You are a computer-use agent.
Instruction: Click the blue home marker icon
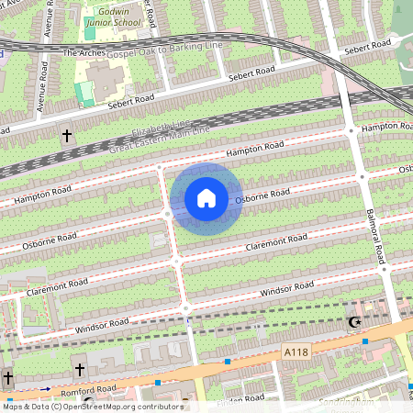click(x=206, y=198)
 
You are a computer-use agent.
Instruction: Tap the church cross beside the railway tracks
click(x=66, y=137)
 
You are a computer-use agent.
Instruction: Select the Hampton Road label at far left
click(x=41, y=194)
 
